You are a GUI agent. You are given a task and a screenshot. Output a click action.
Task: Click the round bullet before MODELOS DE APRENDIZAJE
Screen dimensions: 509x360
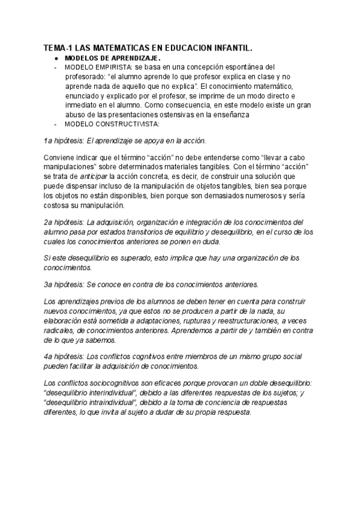pos(55,58)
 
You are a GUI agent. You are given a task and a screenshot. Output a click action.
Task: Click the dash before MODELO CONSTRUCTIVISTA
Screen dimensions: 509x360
pos(55,125)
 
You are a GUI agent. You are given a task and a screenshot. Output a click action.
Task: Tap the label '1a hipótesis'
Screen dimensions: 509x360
pos(64,141)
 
